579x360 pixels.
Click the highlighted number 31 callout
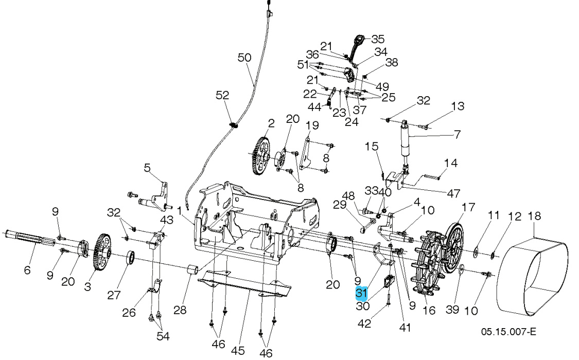tap(362, 294)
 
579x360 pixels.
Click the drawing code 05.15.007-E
tap(509, 332)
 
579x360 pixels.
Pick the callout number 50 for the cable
tap(244, 58)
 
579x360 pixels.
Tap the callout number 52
tap(222, 96)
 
